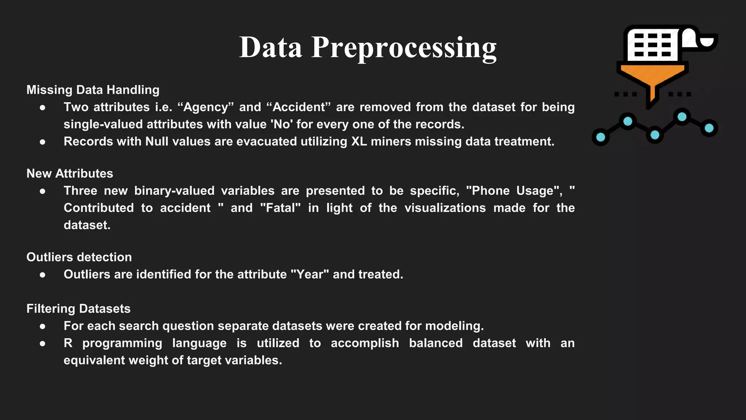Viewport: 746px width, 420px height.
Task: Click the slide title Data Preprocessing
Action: click(368, 47)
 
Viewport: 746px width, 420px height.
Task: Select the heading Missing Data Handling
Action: click(93, 90)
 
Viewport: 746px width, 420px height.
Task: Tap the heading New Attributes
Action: click(70, 174)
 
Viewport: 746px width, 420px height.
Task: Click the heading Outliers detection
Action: click(79, 257)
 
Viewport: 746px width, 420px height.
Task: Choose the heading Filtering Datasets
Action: click(78, 309)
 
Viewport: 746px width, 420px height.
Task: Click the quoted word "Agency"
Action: click(205, 107)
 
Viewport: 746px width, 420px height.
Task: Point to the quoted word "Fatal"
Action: click(280, 208)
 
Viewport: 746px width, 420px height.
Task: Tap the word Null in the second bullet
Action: click(157, 141)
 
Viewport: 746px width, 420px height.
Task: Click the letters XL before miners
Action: click(359, 141)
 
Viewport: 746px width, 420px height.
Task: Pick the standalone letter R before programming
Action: click(68, 343)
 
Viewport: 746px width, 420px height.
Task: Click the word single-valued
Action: click(103, 124)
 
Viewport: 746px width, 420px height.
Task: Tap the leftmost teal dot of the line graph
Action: click(601, 137)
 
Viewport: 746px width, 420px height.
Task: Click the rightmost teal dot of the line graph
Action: click(709, 128)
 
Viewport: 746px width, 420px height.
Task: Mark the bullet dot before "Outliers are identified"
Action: click(43, 275)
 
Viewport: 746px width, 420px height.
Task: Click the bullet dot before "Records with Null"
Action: click(43, 142)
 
